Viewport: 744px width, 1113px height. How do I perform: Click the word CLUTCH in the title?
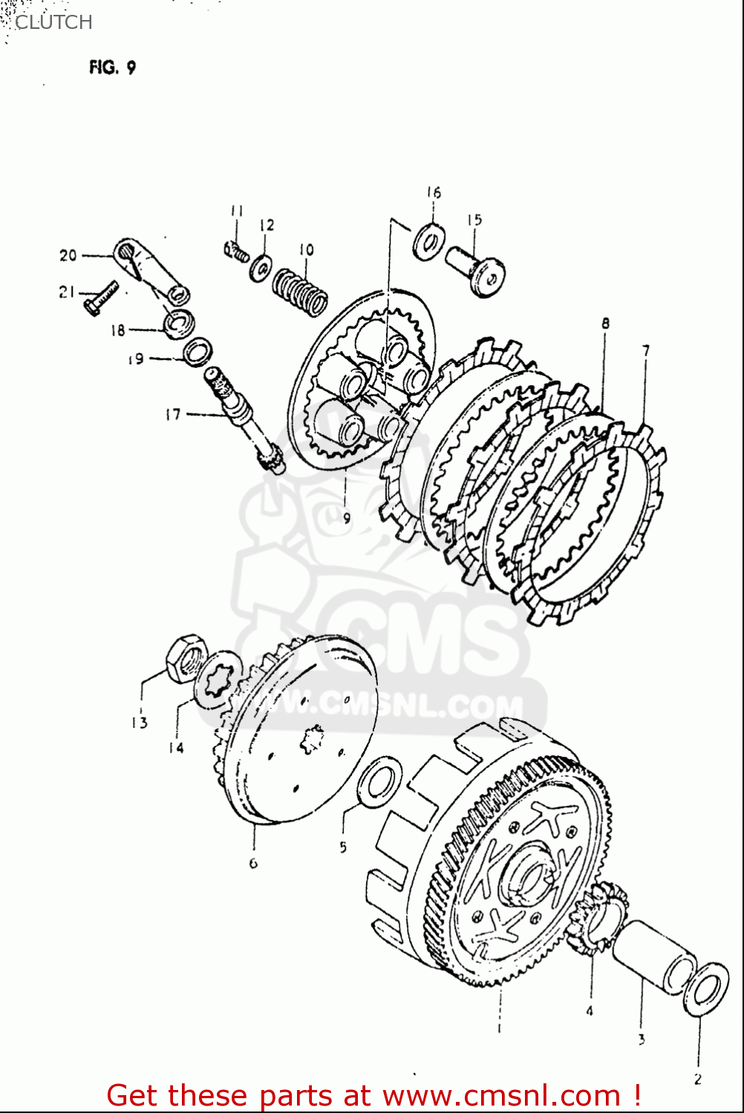click(53, 22)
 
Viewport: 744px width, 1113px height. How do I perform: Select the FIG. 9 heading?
click(112, 68)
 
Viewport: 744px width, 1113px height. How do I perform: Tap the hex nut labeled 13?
click(186, 659)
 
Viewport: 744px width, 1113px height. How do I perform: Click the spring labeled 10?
click(300, 292)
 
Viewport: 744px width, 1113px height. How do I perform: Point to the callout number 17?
click(173, 414)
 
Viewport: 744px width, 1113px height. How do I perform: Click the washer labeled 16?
click(428, 240)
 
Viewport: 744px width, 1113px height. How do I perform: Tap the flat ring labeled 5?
click(379, 781)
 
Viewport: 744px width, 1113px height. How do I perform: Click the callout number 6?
click(253, 863)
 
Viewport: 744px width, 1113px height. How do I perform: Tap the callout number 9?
click(347, 519)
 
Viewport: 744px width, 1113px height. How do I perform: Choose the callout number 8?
click(606, 324)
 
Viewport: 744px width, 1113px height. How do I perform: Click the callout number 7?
click(646, 350)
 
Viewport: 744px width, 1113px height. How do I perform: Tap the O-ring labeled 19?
click(197, 351)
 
